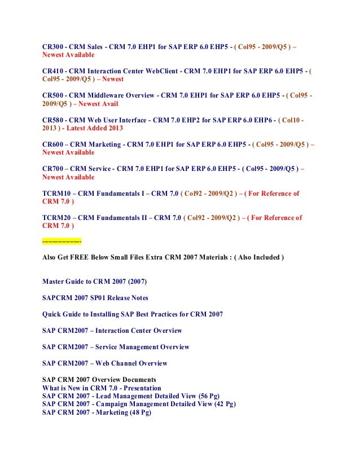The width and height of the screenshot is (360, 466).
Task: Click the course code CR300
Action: [x=54, y=46]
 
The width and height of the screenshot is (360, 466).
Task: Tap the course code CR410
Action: [x=54, y=71]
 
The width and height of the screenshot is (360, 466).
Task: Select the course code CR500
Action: [x=54, y=95]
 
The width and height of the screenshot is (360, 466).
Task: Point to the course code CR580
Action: [x=54, y=120]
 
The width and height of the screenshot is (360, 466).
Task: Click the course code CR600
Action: [x=54, y=144]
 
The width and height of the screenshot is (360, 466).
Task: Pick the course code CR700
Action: [x=54, y=169]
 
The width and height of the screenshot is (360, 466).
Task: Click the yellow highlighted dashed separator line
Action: [x=62, y=241]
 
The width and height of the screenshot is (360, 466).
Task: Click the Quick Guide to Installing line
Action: [x=133, y=314]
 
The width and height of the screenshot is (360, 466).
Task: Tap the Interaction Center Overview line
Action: [x=112, y=331]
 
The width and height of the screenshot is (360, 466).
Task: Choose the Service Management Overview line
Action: [x=116, y=347]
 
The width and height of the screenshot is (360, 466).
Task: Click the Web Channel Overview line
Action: [x=105, y=363]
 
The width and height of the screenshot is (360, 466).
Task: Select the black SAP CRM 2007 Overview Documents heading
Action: [x=99, y=380]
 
